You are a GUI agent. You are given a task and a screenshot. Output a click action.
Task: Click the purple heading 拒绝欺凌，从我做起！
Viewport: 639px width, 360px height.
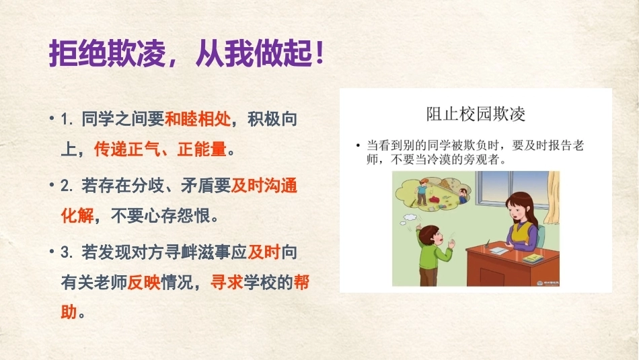pos(186,53)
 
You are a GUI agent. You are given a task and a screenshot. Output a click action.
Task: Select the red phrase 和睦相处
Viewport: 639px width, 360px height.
pos(198,120)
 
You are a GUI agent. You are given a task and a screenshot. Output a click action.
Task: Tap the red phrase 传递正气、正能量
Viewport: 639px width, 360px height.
pos(160,149)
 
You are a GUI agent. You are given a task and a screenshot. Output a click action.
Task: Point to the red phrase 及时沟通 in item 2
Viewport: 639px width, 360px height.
pos(264,186)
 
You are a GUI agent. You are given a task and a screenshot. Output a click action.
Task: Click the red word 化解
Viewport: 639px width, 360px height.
pos(77,216)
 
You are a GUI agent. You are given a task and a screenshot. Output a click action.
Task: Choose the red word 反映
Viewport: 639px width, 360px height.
pos(144,282)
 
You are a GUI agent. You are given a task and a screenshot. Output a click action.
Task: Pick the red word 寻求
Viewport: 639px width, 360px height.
pos(227,282)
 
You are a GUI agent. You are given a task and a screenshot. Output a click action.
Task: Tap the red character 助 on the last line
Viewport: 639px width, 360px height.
pos(69,312)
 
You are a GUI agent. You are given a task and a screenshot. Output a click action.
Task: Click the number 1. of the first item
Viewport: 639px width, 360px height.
pos(67,120)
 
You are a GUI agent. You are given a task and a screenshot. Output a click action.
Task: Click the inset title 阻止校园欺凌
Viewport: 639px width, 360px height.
pos(476,114)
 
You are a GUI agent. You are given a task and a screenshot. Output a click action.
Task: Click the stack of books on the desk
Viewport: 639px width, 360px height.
pos(533,258)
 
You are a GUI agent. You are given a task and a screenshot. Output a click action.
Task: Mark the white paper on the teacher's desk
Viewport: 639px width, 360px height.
pos(500,249)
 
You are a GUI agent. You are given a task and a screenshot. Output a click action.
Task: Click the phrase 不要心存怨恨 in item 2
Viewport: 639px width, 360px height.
pos(161,216)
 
